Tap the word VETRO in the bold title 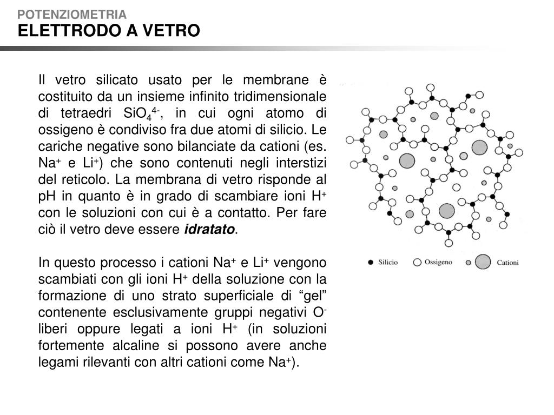coord(171,31)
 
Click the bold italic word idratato coord(210,230)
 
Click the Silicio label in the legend coord(388,262)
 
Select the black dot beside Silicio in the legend coord(371,263)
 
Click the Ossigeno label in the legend coord(438,262)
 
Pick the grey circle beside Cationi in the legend coord(483,263)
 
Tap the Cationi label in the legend coord(507,263)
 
